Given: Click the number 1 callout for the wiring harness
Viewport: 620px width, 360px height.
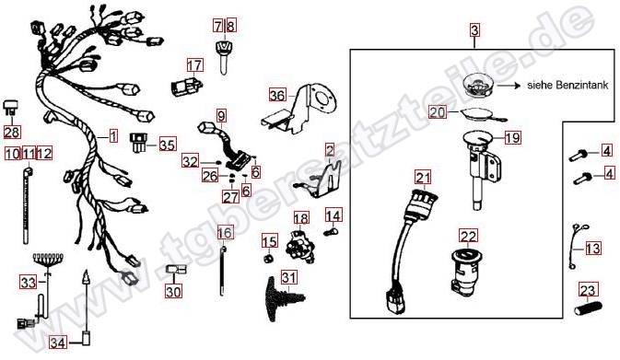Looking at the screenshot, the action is coord(113,136).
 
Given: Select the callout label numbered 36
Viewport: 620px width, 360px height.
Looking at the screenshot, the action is coord(277,95).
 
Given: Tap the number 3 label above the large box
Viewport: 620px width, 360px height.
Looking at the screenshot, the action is coord(474,30).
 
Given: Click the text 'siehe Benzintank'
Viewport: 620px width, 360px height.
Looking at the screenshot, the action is coord(567,85).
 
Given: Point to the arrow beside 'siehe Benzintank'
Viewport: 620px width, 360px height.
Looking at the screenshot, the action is coord(509,85).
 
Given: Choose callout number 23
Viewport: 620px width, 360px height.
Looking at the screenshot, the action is coord(588,290).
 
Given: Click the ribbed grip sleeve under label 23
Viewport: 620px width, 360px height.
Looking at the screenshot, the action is coord(588,308).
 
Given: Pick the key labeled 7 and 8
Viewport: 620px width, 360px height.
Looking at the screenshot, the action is coord(224,54).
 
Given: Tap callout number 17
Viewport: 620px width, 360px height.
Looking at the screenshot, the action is coord(194,65).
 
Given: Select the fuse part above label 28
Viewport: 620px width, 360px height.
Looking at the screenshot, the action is coord(10,109).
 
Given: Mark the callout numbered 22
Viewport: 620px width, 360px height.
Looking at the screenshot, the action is coord(469,236).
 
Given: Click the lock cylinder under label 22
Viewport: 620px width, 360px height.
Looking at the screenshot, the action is coord(466,271).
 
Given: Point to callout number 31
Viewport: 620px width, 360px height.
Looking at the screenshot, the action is coord(289,277).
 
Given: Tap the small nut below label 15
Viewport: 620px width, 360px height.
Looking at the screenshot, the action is coord(269,259).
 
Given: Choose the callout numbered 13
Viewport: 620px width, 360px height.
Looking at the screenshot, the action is coord(593,249).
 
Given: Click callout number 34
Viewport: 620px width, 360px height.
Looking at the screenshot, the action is coord(58,343).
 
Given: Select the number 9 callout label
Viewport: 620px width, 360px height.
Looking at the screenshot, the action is coord(221,116).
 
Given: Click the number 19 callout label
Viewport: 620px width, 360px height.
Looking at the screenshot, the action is coord(513,138).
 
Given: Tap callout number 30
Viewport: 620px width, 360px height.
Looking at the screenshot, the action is coord(173,292).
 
